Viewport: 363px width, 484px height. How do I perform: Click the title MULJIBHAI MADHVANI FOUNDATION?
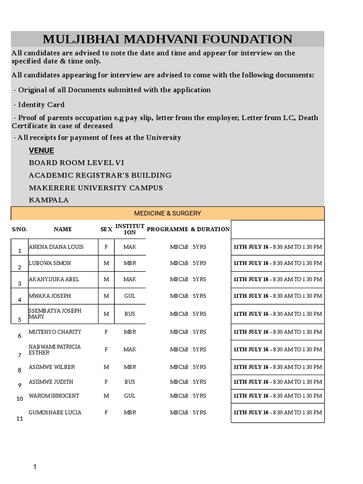click(x=167, y=39)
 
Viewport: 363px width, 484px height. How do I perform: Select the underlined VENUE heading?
click(x=42, y=151)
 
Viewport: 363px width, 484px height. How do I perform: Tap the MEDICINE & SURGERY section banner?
click(x=167, y=213)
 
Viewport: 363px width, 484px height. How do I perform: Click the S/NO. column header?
click(x=19, y=229)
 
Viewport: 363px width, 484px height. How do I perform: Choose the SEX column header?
click(x=106, y=229)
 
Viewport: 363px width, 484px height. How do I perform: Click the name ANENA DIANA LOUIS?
click(x=56, y=247)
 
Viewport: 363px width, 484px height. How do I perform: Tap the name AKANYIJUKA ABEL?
click(x=54, y=279)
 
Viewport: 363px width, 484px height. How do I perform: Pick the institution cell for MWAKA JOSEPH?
click(x=130, y=296)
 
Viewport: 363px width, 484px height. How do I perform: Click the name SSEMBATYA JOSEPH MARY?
click(x=55, y=314)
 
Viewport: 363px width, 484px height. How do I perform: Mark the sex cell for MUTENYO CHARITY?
click(x=106, y=332)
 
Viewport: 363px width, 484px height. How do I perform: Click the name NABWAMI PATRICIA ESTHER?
click(x=54, y=350)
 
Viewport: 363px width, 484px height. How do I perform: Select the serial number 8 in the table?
click(x=19, y=370)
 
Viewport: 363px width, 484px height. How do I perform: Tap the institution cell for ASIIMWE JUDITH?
click(x=130, y=381)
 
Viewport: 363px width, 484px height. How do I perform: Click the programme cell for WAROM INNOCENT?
click(x=188, y=396)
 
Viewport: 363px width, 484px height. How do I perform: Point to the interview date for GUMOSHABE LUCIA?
click(x=277, y=413)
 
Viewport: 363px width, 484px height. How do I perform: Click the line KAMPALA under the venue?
click(x=49, y=200)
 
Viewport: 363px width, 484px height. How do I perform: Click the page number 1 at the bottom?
click(x=35, y=467)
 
